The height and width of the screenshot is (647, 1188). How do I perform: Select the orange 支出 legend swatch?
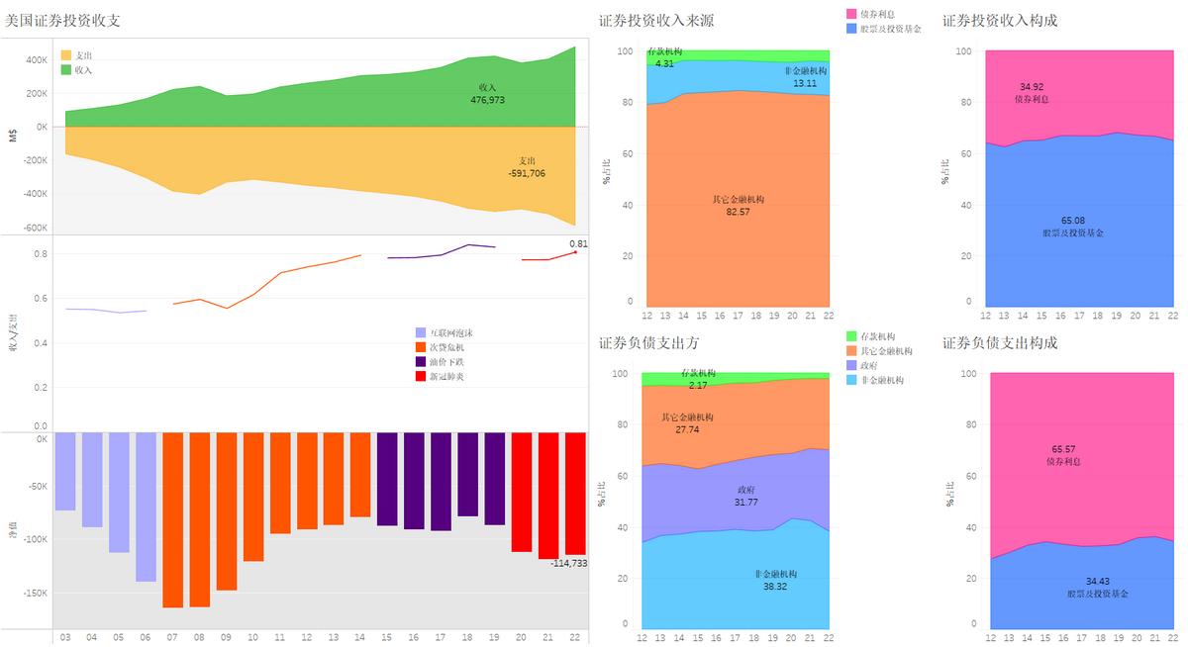click(66, 55)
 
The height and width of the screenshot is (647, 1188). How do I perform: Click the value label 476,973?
click(487, 100)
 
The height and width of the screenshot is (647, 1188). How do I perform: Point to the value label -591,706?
click(526, 173)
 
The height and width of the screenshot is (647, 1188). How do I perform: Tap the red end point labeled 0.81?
click(575, 252)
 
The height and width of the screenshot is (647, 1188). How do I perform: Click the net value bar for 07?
click(172, 519)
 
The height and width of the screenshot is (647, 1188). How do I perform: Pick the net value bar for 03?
click(65, 471)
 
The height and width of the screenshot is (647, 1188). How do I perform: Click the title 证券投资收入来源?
click(656, 20)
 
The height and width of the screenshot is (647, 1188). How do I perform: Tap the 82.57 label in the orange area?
click(738, 212)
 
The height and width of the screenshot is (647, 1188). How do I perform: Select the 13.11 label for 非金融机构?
click(805, 83)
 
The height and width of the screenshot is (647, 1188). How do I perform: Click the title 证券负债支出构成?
click(1000, 342)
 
